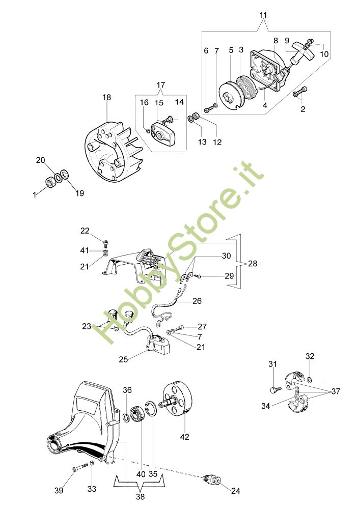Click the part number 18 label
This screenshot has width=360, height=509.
pos(106,97)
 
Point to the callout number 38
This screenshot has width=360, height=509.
pos(139,494)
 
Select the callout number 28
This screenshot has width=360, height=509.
pos(253,264)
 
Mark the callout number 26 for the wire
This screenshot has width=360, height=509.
pos(197,301)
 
